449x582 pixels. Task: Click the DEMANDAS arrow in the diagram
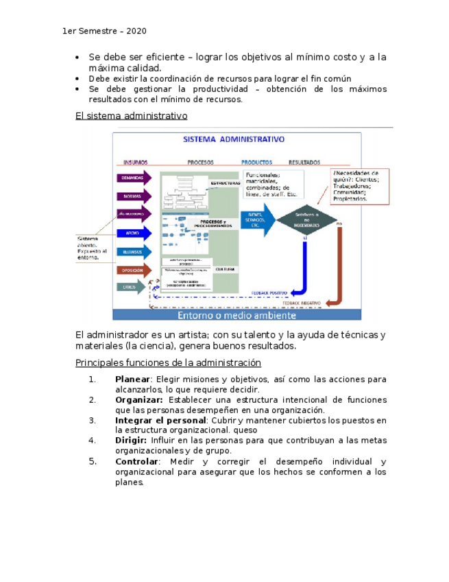(132, 177)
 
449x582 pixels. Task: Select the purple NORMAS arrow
(132, 196)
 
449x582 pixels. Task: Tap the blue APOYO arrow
(132, 233)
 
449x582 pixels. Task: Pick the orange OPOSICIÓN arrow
(132, 270)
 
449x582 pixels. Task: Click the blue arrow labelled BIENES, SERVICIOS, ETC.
(256, 220)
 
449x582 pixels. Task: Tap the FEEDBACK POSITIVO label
(270, 292)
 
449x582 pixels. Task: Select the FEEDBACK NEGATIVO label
(322, 302)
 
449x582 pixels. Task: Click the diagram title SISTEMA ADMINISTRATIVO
(233, 139)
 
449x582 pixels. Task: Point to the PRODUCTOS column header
(256, 163)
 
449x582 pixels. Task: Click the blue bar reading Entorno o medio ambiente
(236, 316)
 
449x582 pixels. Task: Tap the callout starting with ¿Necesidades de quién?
(359, 185)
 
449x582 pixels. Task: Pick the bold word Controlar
(136, 462)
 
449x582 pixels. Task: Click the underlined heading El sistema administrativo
(131, 116)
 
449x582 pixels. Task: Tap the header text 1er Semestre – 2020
(104, 32)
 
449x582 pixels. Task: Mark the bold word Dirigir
(131, 441)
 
